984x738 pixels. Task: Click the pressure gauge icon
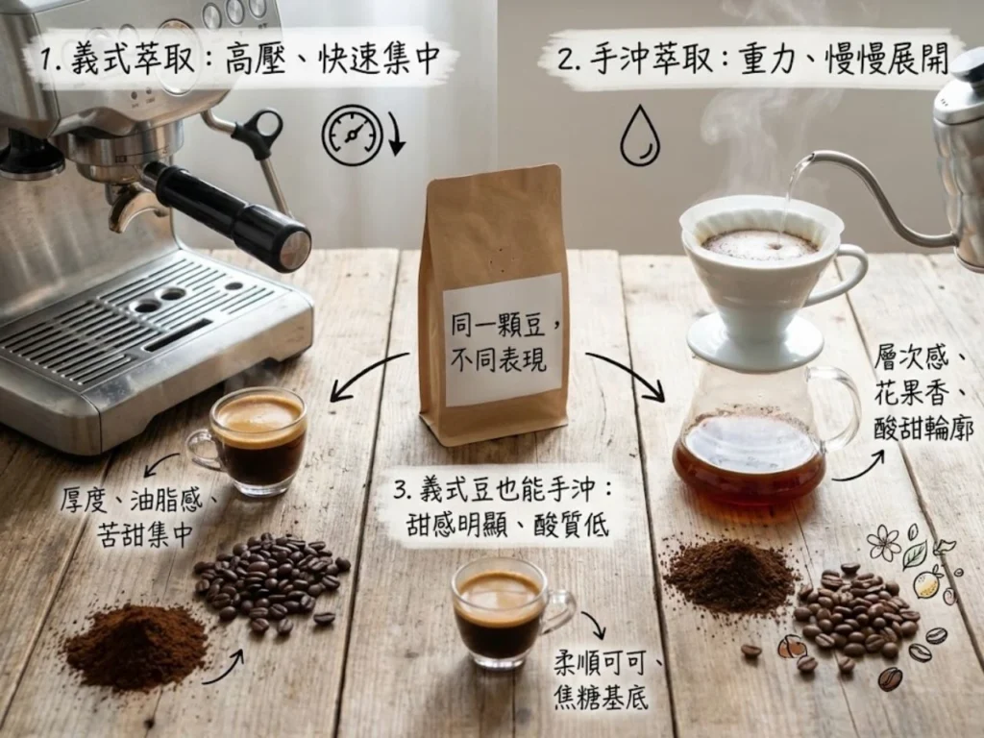point(353,135)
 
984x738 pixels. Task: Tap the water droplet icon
point(639,136)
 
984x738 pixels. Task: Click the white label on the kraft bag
point(502,338)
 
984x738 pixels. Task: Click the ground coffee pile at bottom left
point(135,644)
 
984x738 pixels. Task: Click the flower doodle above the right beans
point(883,543)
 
